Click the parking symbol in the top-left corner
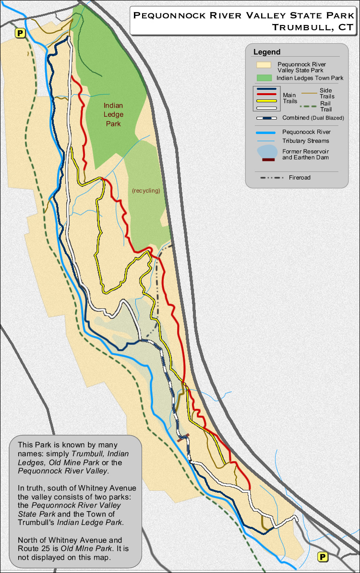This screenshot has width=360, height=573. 20,33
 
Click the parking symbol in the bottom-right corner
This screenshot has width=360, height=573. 323,557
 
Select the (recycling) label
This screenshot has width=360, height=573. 146,191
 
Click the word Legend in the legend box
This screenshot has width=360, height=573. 267,52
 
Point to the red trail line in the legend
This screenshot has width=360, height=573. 267,95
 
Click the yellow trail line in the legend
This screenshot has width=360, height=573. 267,101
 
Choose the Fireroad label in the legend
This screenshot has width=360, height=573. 300,177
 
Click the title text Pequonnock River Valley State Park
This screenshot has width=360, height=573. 243,15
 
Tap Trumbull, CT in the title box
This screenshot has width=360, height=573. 312,27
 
